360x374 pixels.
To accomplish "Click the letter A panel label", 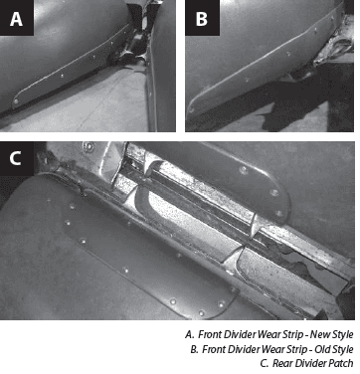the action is coord(16,19).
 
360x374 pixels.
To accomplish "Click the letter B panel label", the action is coord(202,19).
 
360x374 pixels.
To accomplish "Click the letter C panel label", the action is coord(15,158).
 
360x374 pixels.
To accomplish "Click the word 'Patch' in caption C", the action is coord(342,363).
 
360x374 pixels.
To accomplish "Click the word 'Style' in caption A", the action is coord(342,334).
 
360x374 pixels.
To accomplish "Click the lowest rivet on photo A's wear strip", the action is coord(16,100).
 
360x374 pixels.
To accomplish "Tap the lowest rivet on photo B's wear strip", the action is coord(191,108).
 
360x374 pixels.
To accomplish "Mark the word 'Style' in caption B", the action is coord(342,349).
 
